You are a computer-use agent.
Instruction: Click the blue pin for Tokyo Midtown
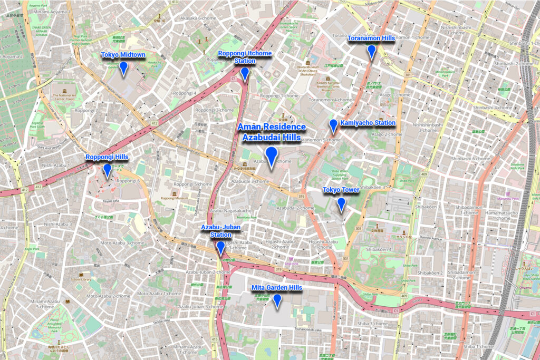123,67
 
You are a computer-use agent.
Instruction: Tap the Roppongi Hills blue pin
107,170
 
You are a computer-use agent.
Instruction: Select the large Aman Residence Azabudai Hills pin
272,156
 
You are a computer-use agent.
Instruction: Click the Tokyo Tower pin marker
341,203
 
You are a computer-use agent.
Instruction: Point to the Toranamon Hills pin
371,51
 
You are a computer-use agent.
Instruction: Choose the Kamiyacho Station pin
333,125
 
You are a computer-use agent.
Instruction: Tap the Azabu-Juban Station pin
220,247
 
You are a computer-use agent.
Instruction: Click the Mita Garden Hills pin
276,300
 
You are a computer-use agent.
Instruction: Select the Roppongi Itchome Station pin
245,74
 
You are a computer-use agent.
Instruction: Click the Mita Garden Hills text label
276,287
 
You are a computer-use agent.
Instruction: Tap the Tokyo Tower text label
341,190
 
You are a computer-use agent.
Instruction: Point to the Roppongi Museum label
174,198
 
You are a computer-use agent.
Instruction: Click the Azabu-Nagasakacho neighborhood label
230,211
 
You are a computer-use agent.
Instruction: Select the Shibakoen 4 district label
379,249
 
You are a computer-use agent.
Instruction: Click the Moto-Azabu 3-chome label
122,243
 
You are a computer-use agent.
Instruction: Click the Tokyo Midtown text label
123,54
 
